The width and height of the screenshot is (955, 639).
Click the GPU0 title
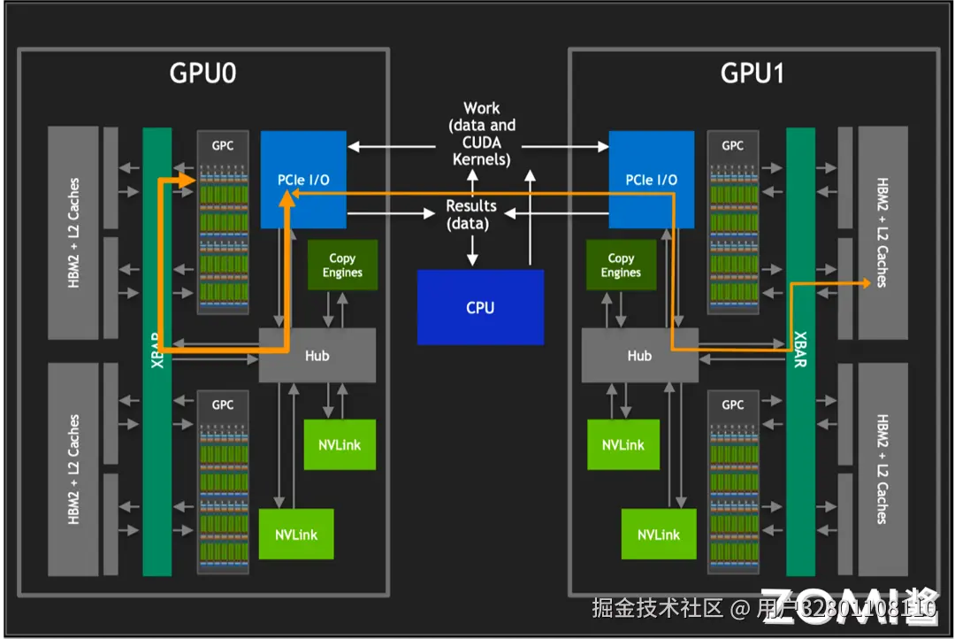point(202,73)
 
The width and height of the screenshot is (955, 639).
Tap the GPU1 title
point(753,73)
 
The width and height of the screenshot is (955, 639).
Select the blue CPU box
point(480,308)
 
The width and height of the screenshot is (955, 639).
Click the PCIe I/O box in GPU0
point(303,180)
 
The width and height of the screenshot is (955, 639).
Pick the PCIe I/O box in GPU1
point(652,180)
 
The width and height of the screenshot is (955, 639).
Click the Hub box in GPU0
point(317,355)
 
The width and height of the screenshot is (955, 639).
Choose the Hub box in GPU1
point(639,355)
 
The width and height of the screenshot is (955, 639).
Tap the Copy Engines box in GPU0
point(342,266)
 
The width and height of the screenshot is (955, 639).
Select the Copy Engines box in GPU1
point(621,266)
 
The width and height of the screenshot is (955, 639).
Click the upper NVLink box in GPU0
point(340,444)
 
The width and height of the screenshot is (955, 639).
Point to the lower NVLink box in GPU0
point(296,534)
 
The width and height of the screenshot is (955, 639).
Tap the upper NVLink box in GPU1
point(623,444)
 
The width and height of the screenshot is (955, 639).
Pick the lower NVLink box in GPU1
point(659,534)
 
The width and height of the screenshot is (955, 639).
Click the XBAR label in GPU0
point(157,350)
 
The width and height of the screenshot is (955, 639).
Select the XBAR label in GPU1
point(800,350)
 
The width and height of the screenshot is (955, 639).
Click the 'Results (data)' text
point(470,214)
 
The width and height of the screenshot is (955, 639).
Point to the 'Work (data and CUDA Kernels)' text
point(481,135)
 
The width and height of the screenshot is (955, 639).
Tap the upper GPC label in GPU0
point(223,145)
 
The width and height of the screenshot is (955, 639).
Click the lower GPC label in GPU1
point(733,404)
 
